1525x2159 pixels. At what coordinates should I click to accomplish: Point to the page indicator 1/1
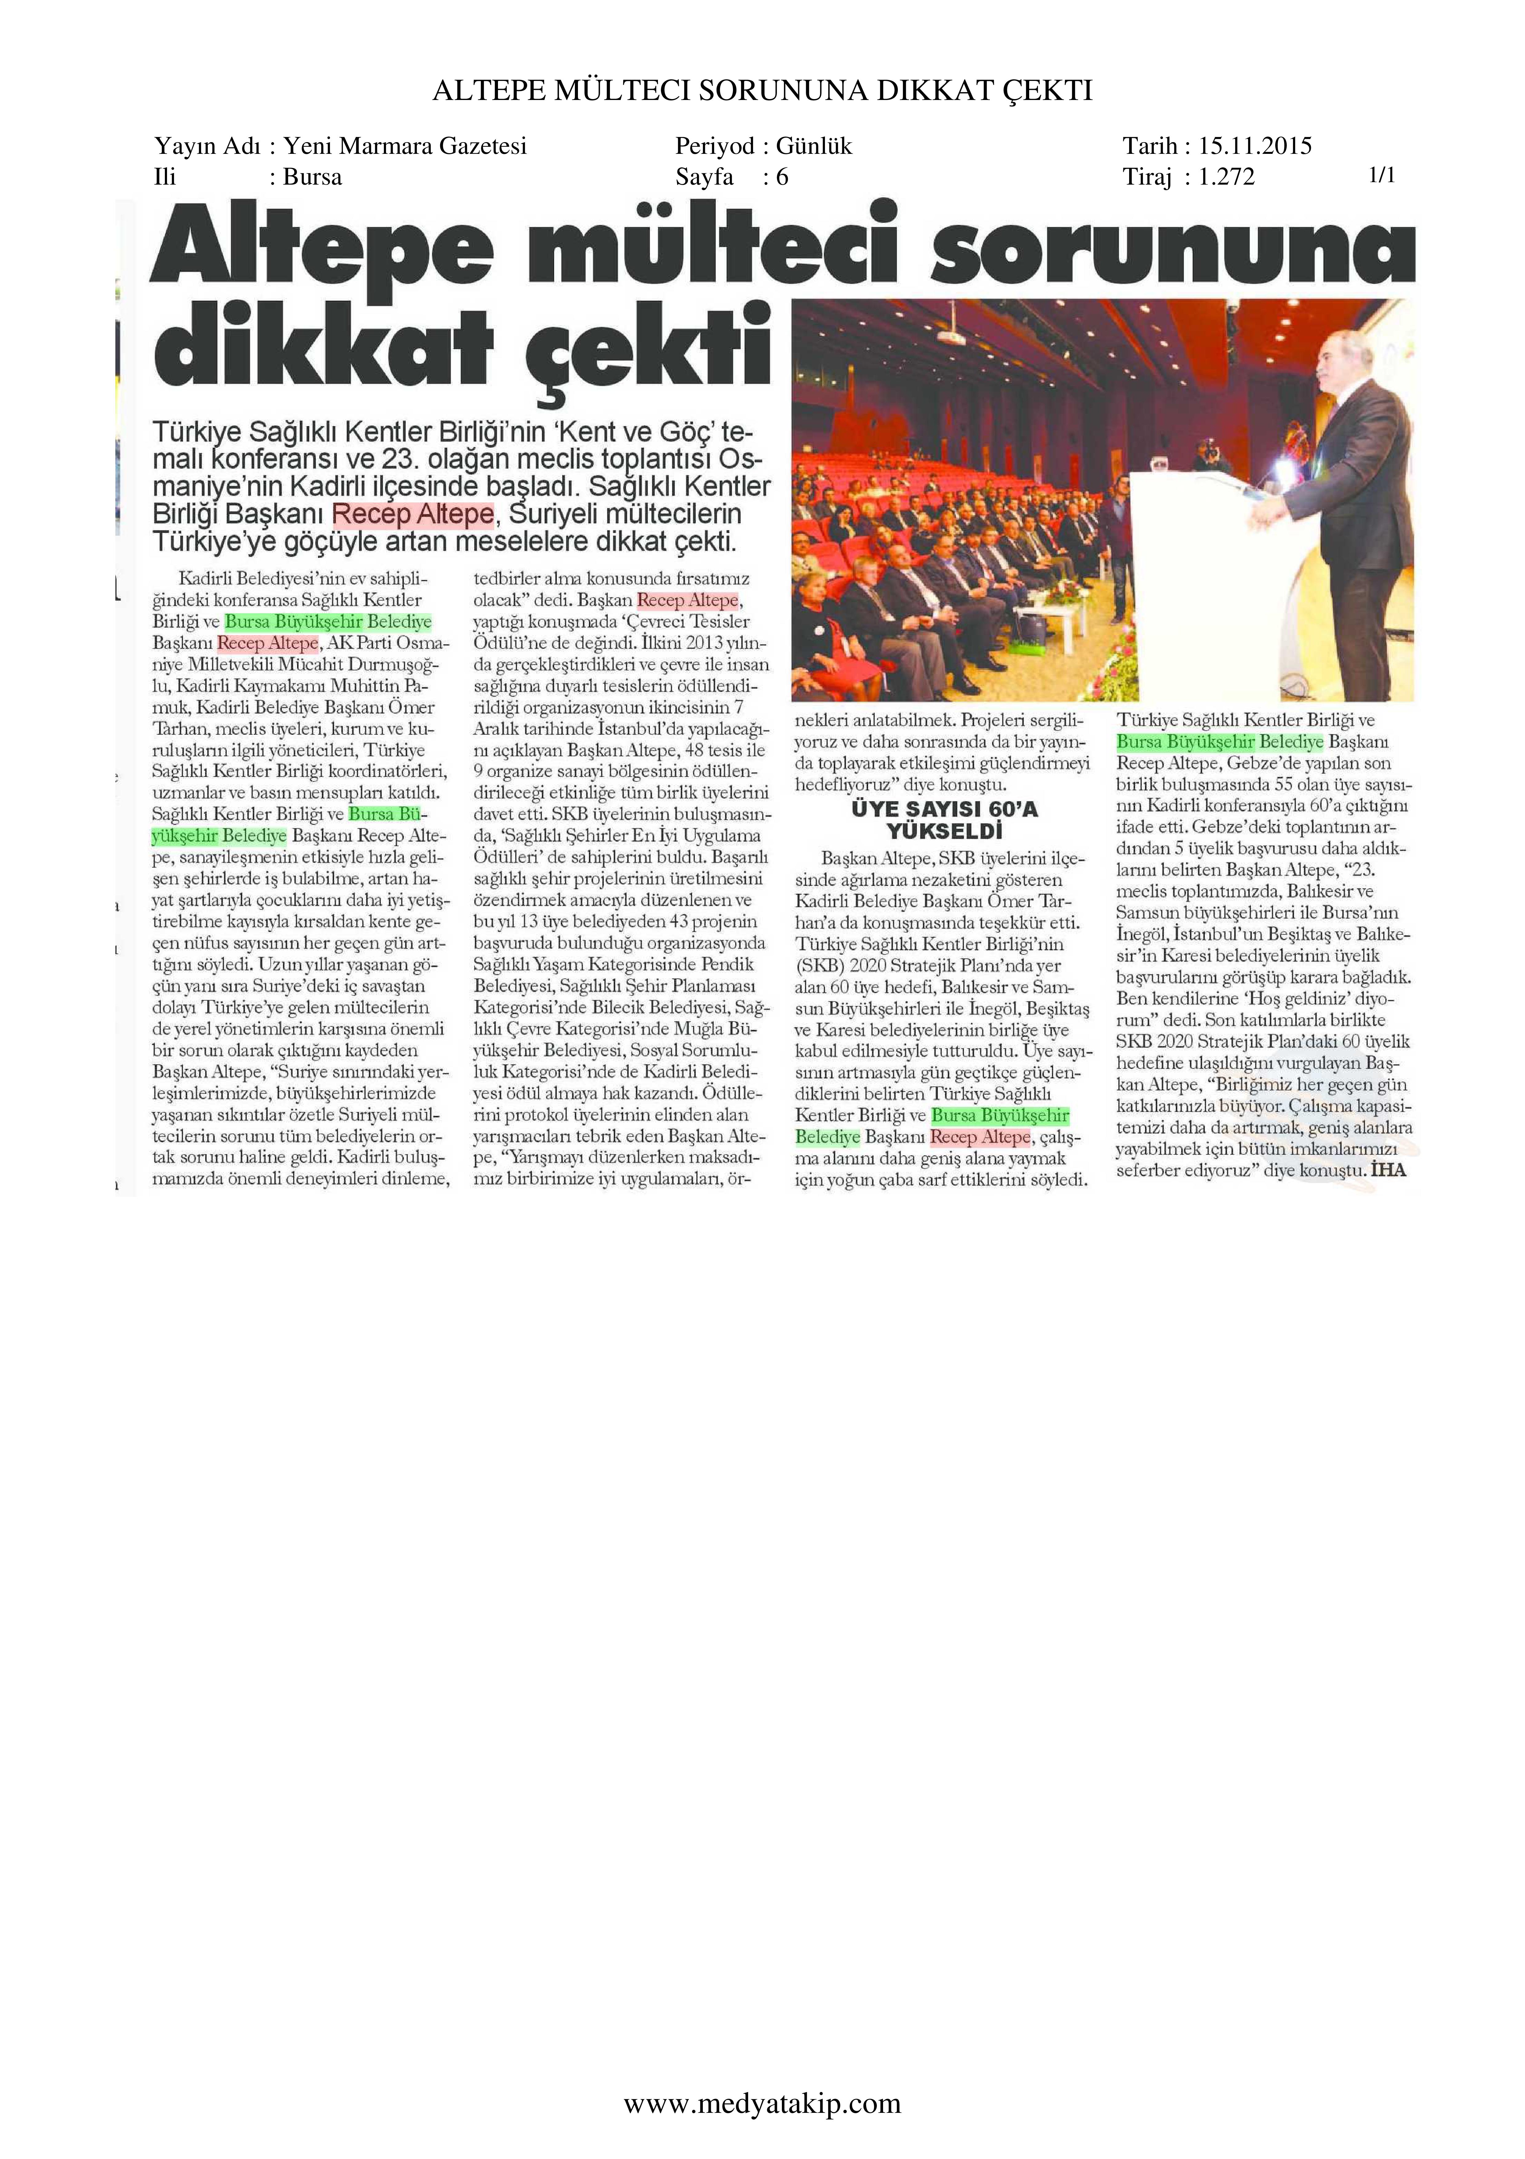1381,175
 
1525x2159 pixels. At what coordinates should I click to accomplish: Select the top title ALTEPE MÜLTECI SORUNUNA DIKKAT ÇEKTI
762,90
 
